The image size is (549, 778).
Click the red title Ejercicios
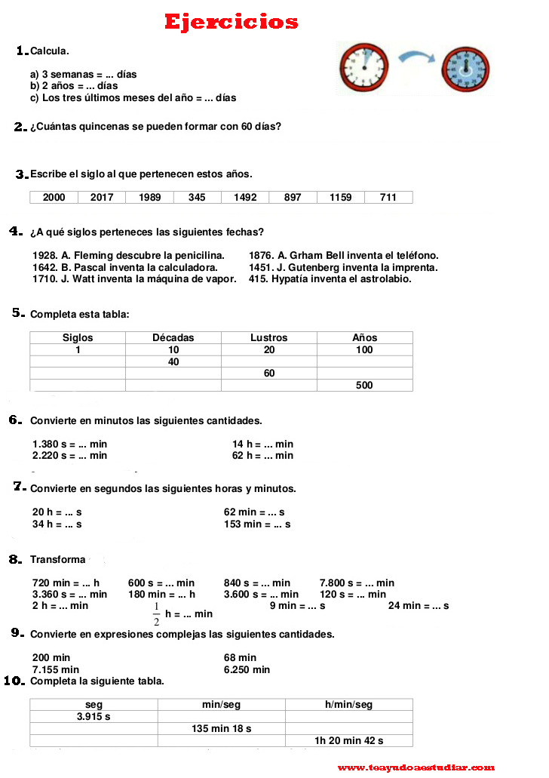(232, 23)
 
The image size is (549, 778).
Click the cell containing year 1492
(245, 198)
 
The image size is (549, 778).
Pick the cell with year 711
(388, 198)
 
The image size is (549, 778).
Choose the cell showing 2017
(102, 198)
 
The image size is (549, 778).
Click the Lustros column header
(269, 338)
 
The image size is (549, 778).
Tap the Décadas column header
(173, 338)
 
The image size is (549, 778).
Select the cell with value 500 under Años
(364, 386)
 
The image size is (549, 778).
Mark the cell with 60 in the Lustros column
(269, 374)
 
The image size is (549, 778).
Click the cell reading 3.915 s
(94, 717)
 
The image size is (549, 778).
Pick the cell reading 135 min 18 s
(221, 729)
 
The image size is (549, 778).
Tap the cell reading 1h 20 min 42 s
(349, 741)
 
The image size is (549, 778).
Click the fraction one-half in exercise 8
(157, 614)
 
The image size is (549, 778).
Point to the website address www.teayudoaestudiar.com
(416, 767)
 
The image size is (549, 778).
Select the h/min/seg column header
(349, 705)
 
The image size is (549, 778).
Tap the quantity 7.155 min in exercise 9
(56, 669)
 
